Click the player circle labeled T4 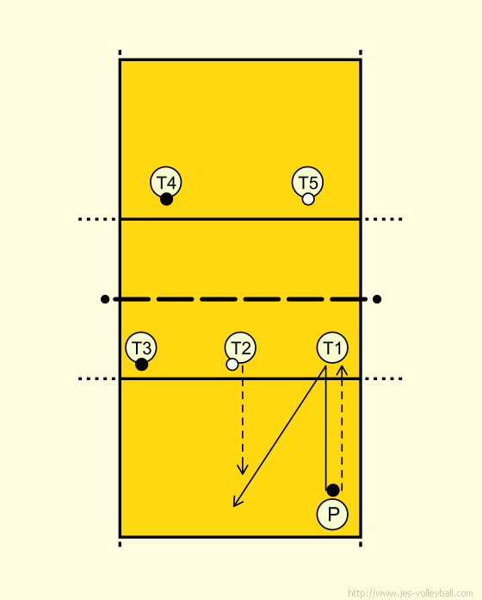click(x=166, y=182)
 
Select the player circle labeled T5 click(x=307, y=182)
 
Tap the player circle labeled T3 click(x=141, y=347)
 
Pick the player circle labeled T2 click(x=240, y=347)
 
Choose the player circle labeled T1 click(x=332, y=347)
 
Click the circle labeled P click(x=332, y=515)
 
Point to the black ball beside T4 click(x=166, y=199)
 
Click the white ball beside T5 click(x=308, y=199)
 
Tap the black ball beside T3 click(x=141, y=365)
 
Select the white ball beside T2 click(x=232, y=365)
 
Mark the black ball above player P click(x=333, y=490)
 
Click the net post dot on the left click(x=105, y=299)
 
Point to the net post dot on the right click(x=377, y=299)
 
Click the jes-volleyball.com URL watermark click(x=411, y=593)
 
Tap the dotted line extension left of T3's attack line click(x=97, y=378)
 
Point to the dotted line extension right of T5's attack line click(x=384, y=219)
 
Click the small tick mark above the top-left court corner click(x=120, y=53)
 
